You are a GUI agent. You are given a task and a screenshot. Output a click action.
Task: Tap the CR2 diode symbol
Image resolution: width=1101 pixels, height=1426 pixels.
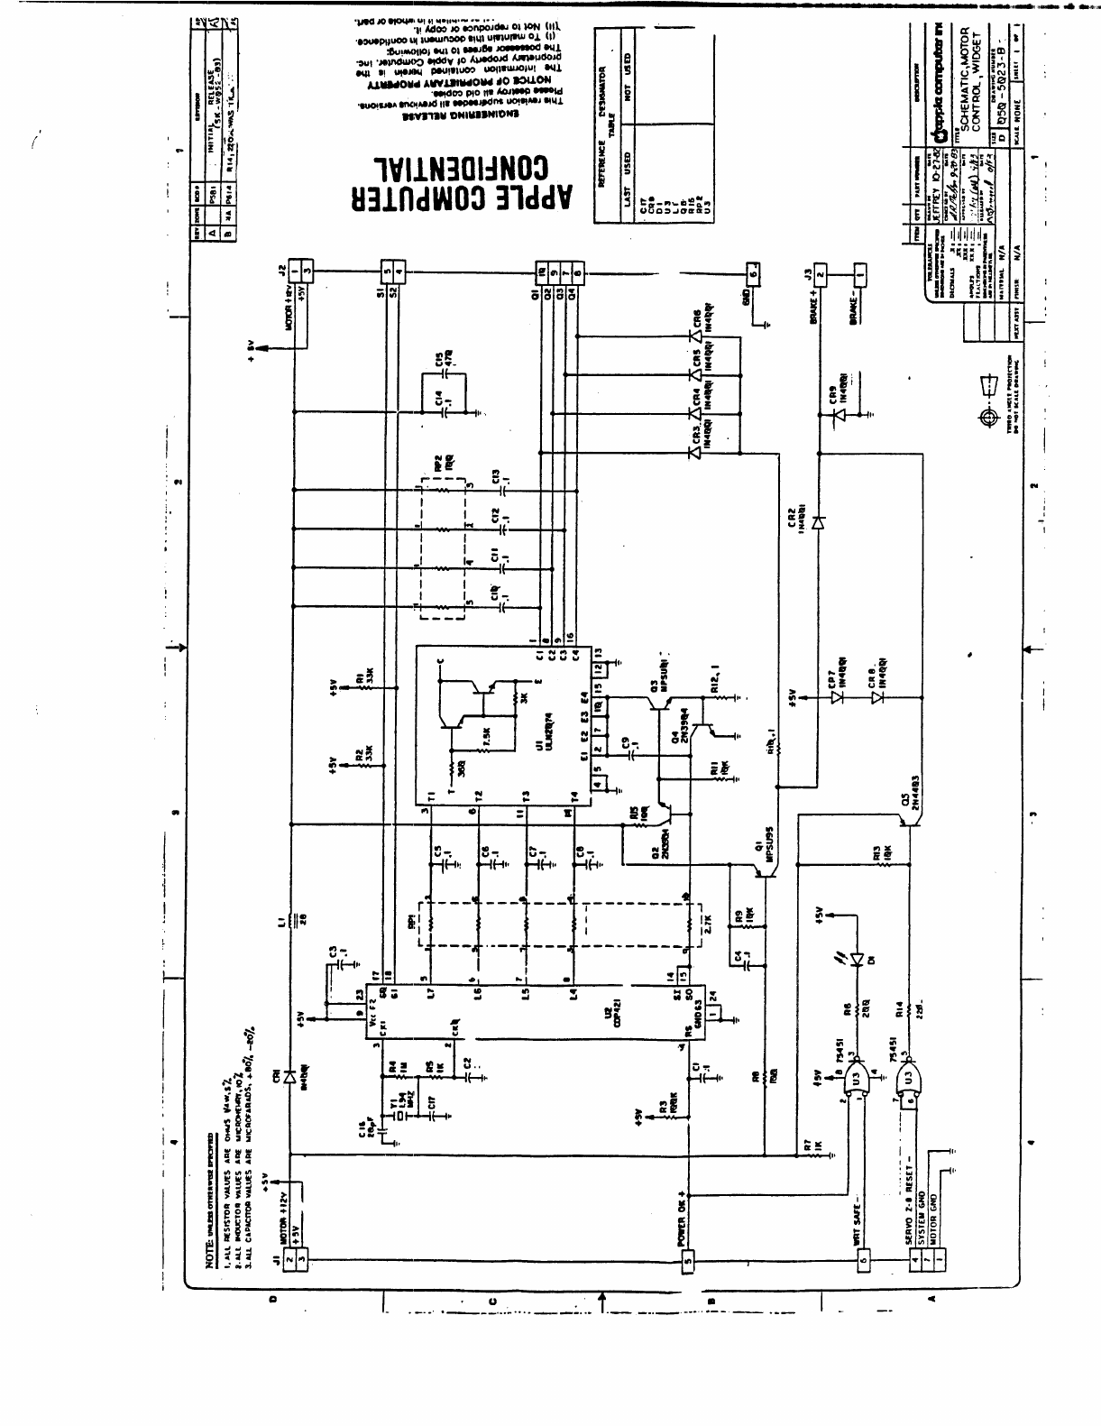click(818, 523)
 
